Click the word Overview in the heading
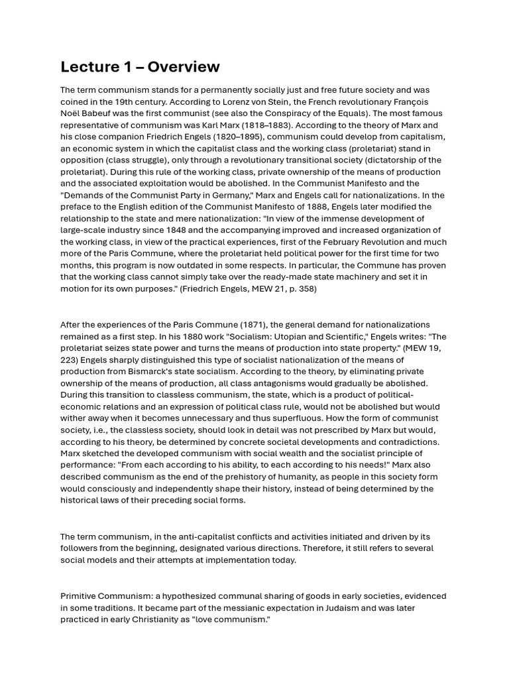click(183, 67)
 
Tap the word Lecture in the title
click(88, 67)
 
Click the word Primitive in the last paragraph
click(80, 597)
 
